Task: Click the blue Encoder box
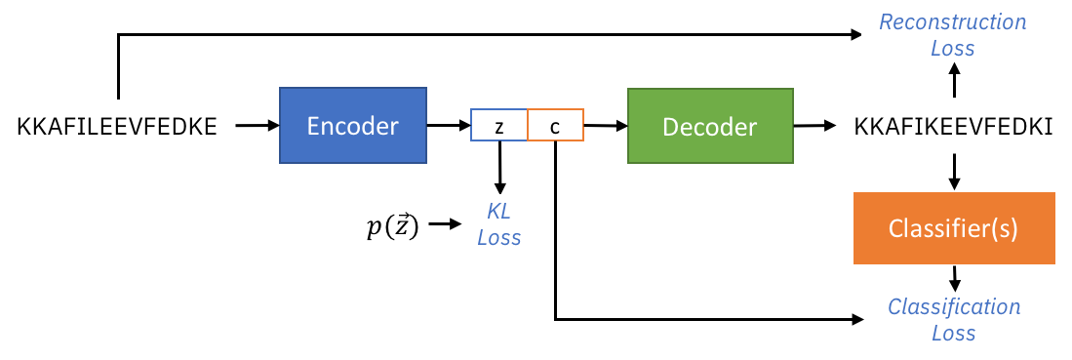(x=352, y=125)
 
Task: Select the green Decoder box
(x=709, y=126)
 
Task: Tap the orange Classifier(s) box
(x=954, y=228)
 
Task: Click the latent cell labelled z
(x=498, y=125)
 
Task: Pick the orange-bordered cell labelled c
(x=555, y=125)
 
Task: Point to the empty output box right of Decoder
(x=953, y=125)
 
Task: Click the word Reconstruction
(x=953, y=21)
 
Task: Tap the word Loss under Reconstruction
(x=953, y=47)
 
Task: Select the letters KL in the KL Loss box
(x=498, y=211)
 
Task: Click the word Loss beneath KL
(x=498, y=236)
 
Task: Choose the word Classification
(x=953, y=306)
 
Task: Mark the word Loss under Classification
(x=953, y=333)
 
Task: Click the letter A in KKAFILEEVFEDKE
(x=55, y=126)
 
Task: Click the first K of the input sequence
(x=24, y=126)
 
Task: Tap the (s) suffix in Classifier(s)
(x=1006, y=228)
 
